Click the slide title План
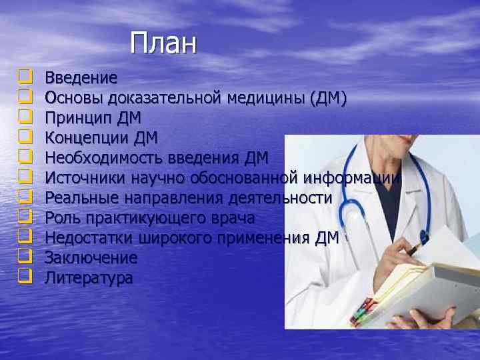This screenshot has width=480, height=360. (x=164, y=43)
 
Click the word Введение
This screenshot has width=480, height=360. (x=81, y=79)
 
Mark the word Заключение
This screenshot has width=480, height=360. (x=91, y=257)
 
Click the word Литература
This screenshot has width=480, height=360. (x=89, y=277)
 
